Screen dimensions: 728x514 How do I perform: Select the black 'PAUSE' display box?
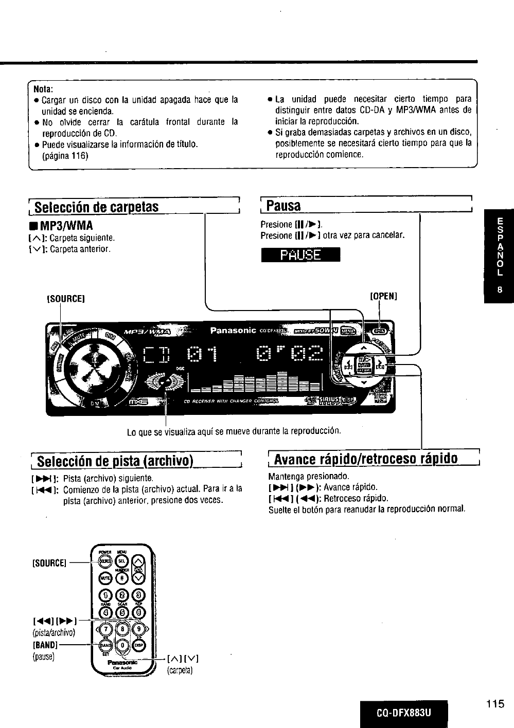click(x=300, y=255)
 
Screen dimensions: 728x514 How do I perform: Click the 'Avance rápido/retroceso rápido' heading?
click(x=366, y=459)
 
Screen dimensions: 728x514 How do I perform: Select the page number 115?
click(x=494, y=704)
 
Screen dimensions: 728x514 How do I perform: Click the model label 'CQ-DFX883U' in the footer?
click(x=403, y=714)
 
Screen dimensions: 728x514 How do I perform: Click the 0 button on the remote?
click(x=122, y=645)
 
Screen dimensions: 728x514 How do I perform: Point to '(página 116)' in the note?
click(x=65, y=155)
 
